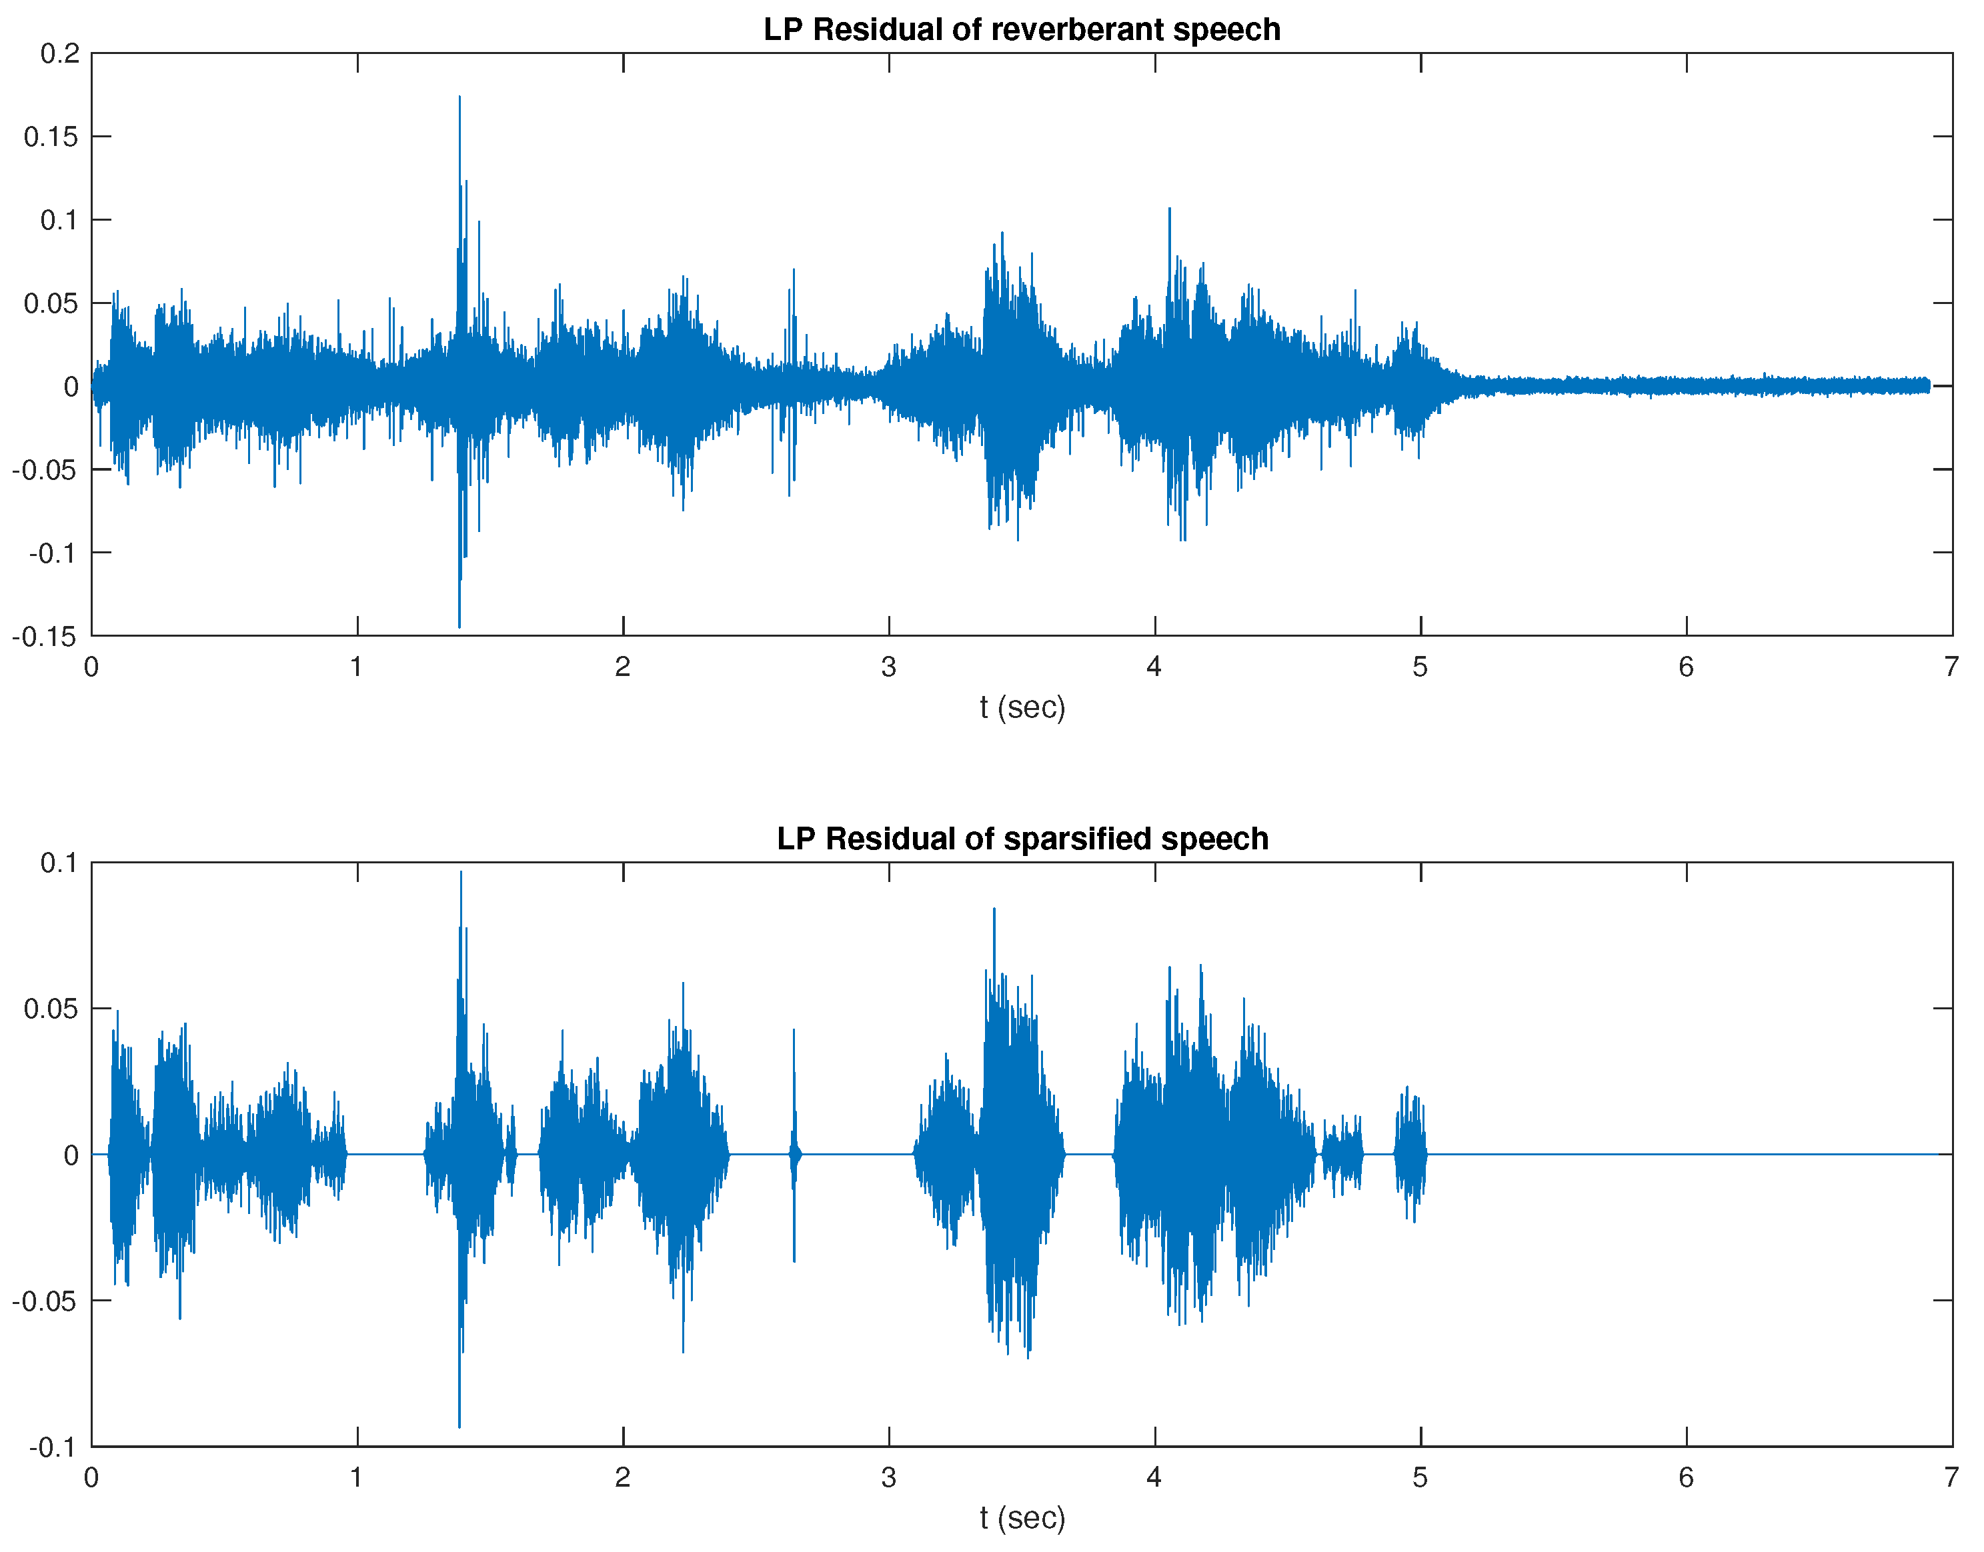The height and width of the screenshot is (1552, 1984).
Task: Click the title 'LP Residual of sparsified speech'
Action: click(1022, 839)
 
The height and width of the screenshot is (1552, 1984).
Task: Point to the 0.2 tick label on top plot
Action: click(60, 53)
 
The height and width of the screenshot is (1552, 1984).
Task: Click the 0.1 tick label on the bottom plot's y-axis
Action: click(60, 863)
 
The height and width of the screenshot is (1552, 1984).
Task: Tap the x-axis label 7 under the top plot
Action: click(1951, 667)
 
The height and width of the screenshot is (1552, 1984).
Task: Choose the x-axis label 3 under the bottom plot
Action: click(888, 1477)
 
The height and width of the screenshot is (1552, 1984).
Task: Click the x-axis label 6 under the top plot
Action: click(1686, 667)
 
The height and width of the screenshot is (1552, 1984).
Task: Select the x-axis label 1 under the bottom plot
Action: click(356, 1477)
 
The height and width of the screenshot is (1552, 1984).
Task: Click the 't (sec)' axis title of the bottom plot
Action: click(1022, 1517)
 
